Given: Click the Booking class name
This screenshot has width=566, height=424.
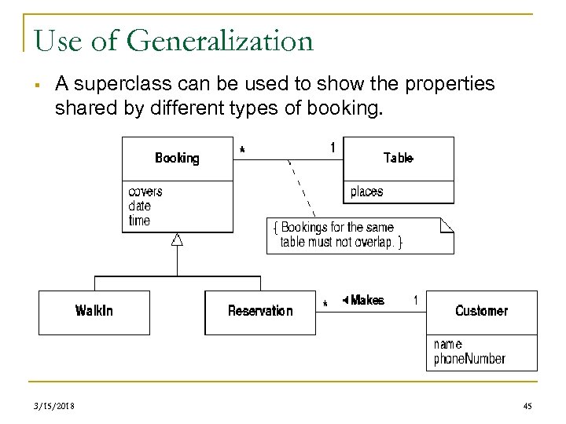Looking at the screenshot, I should click(177, 158).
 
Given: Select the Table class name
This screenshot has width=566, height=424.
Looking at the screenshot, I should click(398, 158).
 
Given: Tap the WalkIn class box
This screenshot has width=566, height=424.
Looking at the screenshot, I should click(94, 311).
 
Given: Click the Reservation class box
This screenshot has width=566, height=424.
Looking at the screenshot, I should click(259, 311).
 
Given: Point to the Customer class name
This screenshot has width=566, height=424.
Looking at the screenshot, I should click(481, 311).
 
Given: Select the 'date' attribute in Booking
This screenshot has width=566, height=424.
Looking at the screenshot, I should click(140, 207).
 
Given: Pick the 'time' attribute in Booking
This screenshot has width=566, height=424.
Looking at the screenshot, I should click(139, 221).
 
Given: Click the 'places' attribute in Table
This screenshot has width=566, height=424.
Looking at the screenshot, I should click(366, 192).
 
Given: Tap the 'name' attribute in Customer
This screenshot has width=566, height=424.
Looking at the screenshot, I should click(447, 344).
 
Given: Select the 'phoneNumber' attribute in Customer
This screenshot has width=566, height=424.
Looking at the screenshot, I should click(469, 359).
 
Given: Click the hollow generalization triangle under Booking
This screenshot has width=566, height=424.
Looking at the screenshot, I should click(178, 239).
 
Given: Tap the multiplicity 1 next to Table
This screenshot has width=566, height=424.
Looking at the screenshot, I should click(333, 147).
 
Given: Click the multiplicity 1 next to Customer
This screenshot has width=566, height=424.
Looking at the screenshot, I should click(415, 300).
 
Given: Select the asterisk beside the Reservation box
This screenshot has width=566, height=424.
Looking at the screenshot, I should click(325, 304).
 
